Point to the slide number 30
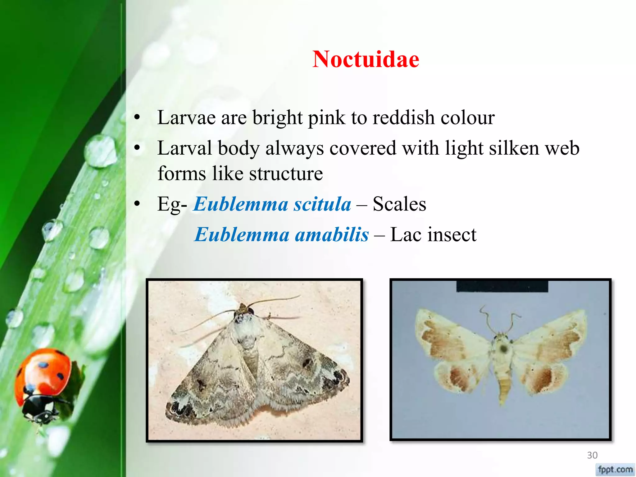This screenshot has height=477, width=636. pos(592,455)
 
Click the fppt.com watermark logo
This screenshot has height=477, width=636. pos(615,469)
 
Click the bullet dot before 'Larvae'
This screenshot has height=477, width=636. pos(137,118)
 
